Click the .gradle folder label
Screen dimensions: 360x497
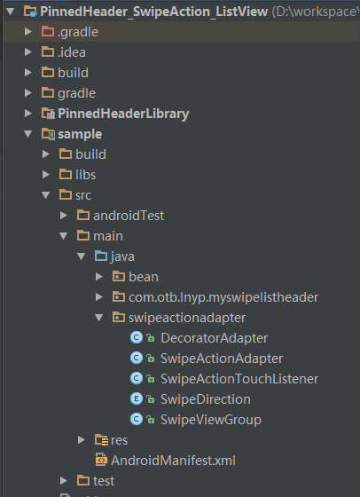(78, 32)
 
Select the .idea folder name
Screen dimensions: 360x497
(72, 52)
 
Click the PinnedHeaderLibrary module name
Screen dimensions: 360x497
(123, 114)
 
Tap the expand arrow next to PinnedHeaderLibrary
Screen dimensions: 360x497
(28, 114)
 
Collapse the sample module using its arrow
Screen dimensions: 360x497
(28, 134)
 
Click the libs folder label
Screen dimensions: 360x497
(85, 175)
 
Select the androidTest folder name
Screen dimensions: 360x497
(129, 216)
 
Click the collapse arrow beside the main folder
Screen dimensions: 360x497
(64, 236)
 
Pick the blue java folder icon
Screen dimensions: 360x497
(101, 256)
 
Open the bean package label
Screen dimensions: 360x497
(144, 277)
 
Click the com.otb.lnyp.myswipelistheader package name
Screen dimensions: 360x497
(223, 297)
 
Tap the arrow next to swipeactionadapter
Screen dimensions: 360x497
(99, 318)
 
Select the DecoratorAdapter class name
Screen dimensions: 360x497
(214, 338)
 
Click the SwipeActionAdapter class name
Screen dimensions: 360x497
(222, 359)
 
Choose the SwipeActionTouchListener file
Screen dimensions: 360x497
(239, 379)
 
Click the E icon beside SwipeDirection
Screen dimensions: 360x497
(137, 399)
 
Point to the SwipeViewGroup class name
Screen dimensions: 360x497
(211, 420)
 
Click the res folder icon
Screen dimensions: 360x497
(101, 440)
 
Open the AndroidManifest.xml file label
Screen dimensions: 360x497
(173, 461)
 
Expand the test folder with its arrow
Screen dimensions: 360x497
(64, 480)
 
